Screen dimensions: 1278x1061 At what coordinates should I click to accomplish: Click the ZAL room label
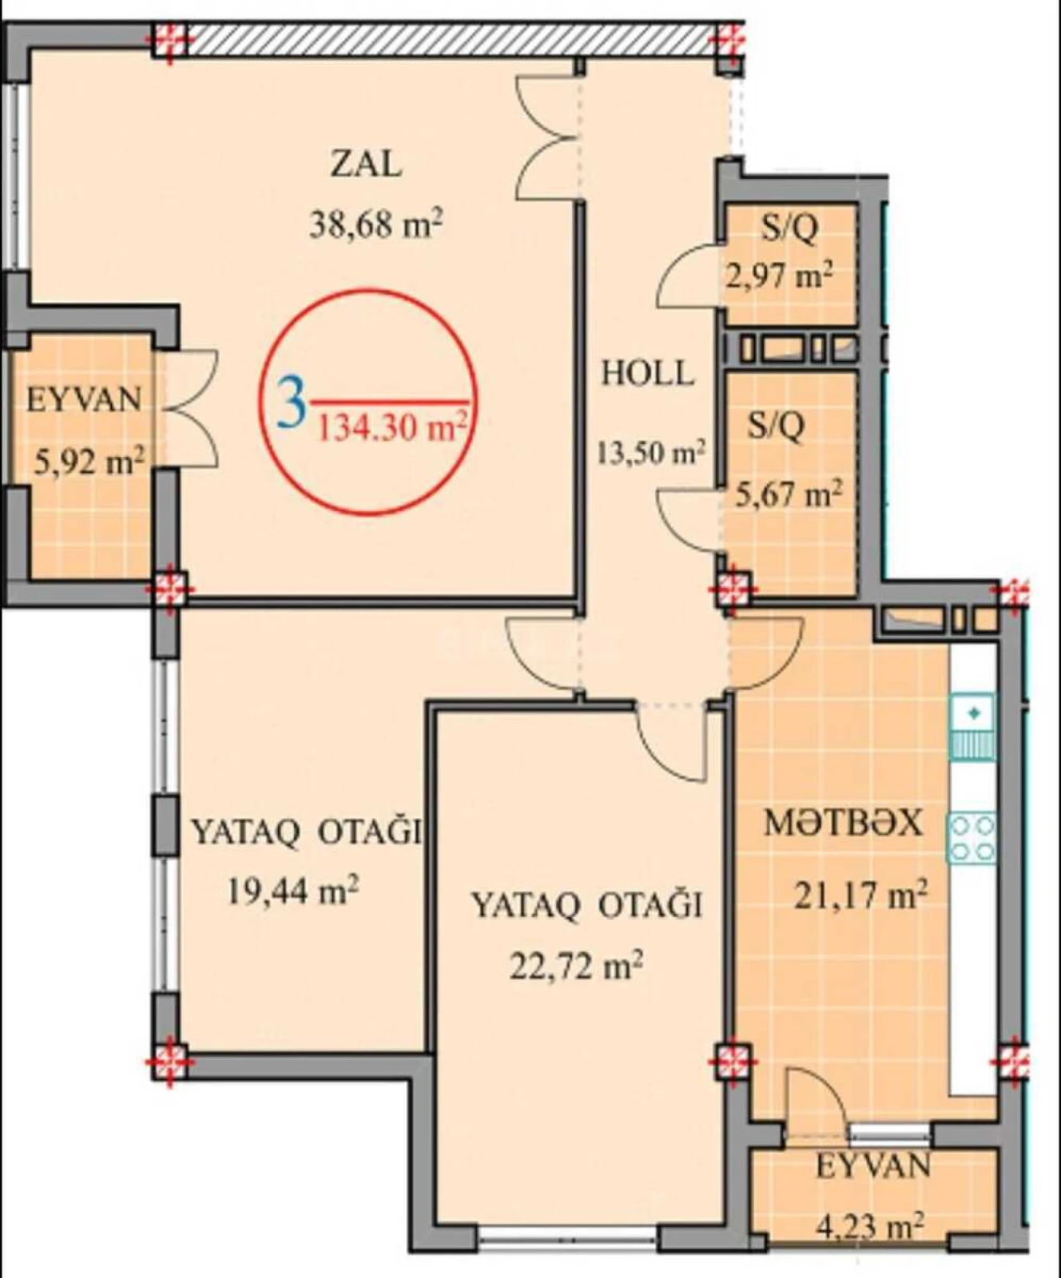(366, 165)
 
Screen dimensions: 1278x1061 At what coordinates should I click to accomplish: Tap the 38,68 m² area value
(376, 224)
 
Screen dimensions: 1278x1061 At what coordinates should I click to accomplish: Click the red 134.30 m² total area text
(391, 429)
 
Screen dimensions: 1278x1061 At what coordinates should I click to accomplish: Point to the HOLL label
(647, 374)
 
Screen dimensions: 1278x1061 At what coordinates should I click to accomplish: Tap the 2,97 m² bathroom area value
(779, 276)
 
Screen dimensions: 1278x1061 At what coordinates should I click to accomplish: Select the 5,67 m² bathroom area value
(788, 494)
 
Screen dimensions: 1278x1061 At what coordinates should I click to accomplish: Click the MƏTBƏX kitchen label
(843, 823)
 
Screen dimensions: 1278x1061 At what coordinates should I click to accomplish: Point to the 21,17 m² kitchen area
(860, 895)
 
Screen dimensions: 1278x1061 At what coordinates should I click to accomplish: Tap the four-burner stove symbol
(972, 838)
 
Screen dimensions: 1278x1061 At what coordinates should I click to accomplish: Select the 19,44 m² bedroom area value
(292, 890)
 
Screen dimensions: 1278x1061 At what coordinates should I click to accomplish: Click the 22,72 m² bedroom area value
(576, 966)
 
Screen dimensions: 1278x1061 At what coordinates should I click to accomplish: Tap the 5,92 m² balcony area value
(88, 462)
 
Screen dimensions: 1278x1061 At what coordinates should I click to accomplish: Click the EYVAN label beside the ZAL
(84, 399)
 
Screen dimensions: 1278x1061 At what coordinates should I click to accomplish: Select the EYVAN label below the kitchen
(872, 1167)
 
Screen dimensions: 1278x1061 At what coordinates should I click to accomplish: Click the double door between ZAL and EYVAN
(192, 407)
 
